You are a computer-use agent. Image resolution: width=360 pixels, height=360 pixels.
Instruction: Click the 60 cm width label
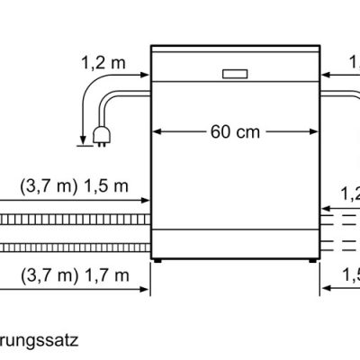coord(237,131)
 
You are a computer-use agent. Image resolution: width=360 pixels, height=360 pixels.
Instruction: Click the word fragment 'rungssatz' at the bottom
coord(40,341)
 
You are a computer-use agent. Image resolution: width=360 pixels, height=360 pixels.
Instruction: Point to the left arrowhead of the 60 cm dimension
coord(157,131)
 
